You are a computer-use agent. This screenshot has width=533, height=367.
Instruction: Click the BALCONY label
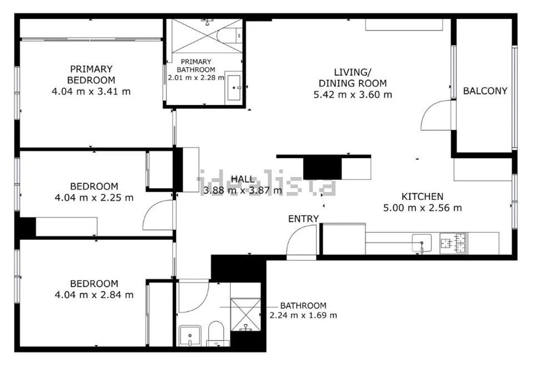[x=485, y=91]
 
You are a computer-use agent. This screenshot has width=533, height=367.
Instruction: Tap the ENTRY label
[x=303, y=219]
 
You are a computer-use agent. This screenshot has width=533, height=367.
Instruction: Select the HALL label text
[x=243, y=179]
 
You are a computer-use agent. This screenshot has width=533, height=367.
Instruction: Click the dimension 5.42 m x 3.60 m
[x=352, y=95]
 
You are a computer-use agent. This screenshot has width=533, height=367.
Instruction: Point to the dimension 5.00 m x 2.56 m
[x=422, y=208]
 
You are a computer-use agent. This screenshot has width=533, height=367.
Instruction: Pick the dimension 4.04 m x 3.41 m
[x=91, y=92]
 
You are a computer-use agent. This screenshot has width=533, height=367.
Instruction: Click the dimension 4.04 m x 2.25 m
[x=94, y=198]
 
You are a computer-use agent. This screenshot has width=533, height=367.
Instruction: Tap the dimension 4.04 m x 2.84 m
[x=94, y=295]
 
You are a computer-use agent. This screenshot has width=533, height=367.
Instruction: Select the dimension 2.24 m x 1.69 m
[x=303, y=315]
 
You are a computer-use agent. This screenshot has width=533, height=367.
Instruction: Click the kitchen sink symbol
[x=421, y=243]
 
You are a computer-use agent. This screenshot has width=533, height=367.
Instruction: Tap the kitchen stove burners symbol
[x=453, y=243]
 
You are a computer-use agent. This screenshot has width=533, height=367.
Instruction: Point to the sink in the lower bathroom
[x=190, y=336]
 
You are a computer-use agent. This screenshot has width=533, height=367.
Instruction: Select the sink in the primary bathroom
[x=234, y=88]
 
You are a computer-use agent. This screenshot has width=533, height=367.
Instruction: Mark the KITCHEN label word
[x=422, y=197]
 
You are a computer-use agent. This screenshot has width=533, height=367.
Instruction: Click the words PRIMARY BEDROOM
[x=91, y=75]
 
